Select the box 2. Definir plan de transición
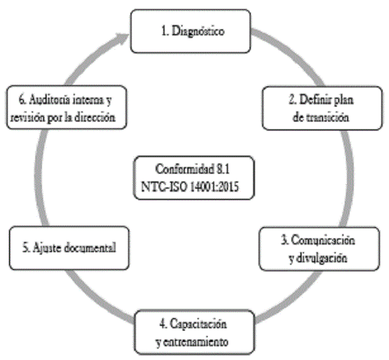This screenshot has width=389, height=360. tap(321, 108)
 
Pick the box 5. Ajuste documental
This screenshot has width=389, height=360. tap(68, 246)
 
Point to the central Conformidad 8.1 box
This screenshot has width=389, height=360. tap(194, 178)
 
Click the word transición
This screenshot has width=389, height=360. tap(328, 117)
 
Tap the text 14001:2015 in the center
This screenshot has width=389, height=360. tap(218, 186)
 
